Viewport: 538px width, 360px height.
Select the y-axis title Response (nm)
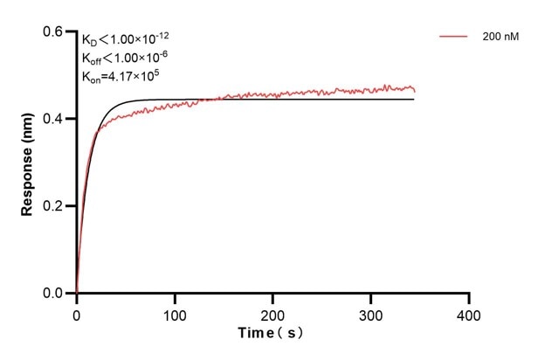[x=28, y=163]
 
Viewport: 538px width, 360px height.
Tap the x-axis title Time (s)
[x=272, y=334]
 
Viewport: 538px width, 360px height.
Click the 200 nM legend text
[x=499, y=37]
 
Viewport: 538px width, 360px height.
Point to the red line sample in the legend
[x=455, y=37]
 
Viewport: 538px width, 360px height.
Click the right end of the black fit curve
[x=414, y=100]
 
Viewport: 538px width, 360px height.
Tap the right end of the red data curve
[x=414, y=90]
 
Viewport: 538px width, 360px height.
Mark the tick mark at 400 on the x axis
[x=470, y=299]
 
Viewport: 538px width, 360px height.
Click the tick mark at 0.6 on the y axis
[x=72, y=31]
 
